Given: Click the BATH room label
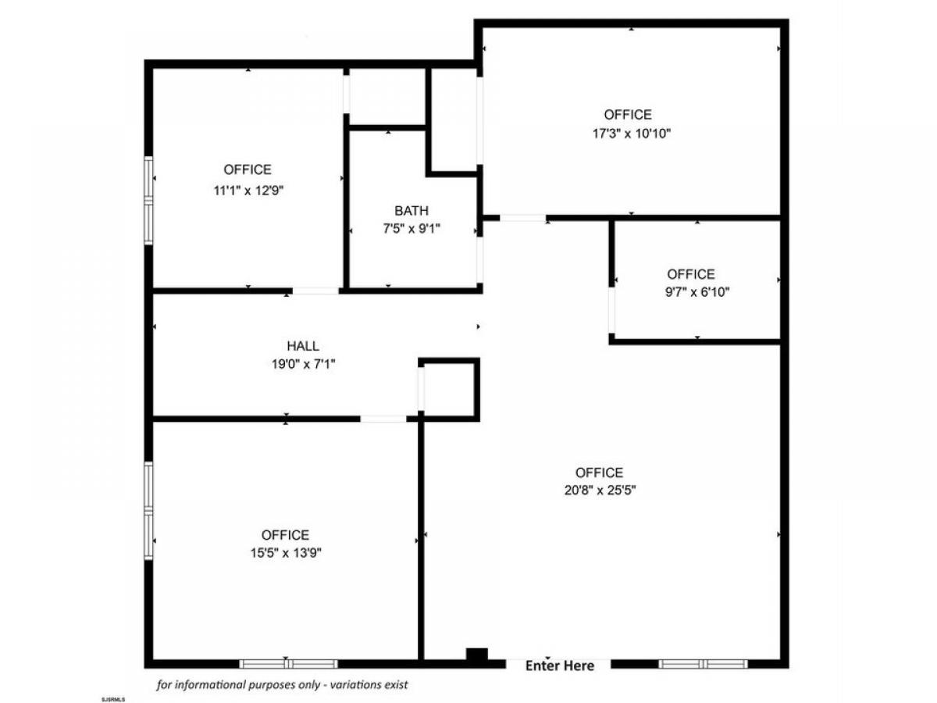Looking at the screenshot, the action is point(411,210).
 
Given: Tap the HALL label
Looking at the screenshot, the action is point(303,345).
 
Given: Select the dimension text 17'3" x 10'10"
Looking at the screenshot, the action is point(631,134).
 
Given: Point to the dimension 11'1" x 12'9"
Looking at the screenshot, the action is point(248,190).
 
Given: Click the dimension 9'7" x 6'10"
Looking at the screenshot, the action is point(697,292).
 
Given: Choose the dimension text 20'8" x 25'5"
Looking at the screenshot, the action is point(600,491).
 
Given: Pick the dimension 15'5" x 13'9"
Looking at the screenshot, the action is point(286,553).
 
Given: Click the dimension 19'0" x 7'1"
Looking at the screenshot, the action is point(303,364).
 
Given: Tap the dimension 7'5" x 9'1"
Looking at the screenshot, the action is point(411,229).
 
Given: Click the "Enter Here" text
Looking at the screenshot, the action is point(559,666).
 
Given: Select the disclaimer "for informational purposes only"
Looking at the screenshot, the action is point(238,685).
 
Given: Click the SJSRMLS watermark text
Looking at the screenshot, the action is point(112,700).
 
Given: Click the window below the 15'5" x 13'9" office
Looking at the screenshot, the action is point(288,664).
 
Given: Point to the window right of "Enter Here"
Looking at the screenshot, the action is point(703,664).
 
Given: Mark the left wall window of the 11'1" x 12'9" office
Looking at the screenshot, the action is point(148,201).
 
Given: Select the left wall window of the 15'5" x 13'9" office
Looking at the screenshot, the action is point(148,511).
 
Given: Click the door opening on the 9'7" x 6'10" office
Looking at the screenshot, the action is point(611,310).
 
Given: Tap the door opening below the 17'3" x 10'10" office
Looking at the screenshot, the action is point(523,218).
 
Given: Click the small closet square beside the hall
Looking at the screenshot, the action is point(449,389).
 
